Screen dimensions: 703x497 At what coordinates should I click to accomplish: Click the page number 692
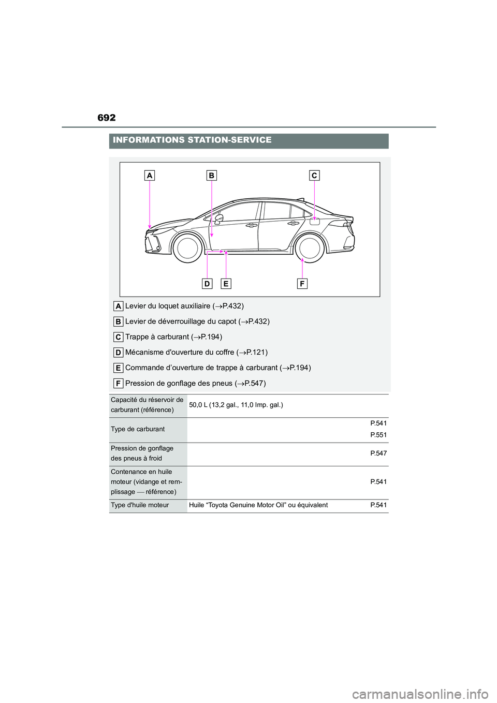pos(107,118)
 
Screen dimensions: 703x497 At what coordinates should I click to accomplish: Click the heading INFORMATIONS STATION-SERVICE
pos(192,140)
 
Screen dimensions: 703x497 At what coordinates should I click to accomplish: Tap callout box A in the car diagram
pos(150,175)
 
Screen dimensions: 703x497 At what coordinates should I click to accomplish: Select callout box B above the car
pos(211,175)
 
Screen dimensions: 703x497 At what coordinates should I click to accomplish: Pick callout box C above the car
pos(314,175)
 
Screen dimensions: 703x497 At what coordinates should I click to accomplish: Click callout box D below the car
pos(207,284)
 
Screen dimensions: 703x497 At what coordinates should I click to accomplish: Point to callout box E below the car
pos(226,284)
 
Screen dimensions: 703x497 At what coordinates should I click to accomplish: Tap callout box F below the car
pos(302,284)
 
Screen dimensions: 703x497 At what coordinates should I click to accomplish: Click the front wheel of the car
pos(187,248)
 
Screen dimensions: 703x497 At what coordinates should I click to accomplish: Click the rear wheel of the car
pos(310,248)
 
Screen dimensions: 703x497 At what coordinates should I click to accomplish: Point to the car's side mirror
pos(219,218)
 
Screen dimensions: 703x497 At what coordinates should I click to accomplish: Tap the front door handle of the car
pos(252,225)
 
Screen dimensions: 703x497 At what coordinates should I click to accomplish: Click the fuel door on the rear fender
pos(315,222)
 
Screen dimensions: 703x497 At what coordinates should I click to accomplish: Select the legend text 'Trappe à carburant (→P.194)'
pos(173,337)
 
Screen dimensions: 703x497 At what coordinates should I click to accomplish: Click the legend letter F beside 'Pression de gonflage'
pos(119,384)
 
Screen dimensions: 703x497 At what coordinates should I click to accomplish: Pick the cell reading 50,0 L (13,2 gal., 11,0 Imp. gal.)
pos(236,405)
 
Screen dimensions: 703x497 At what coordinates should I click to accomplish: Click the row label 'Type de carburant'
pos(138,429)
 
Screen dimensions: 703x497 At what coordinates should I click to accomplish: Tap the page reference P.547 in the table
pos(378,453)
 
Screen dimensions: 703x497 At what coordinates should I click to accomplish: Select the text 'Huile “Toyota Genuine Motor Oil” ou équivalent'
pos(258,505)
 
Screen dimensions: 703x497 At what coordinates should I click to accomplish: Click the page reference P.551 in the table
pos(378,435)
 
